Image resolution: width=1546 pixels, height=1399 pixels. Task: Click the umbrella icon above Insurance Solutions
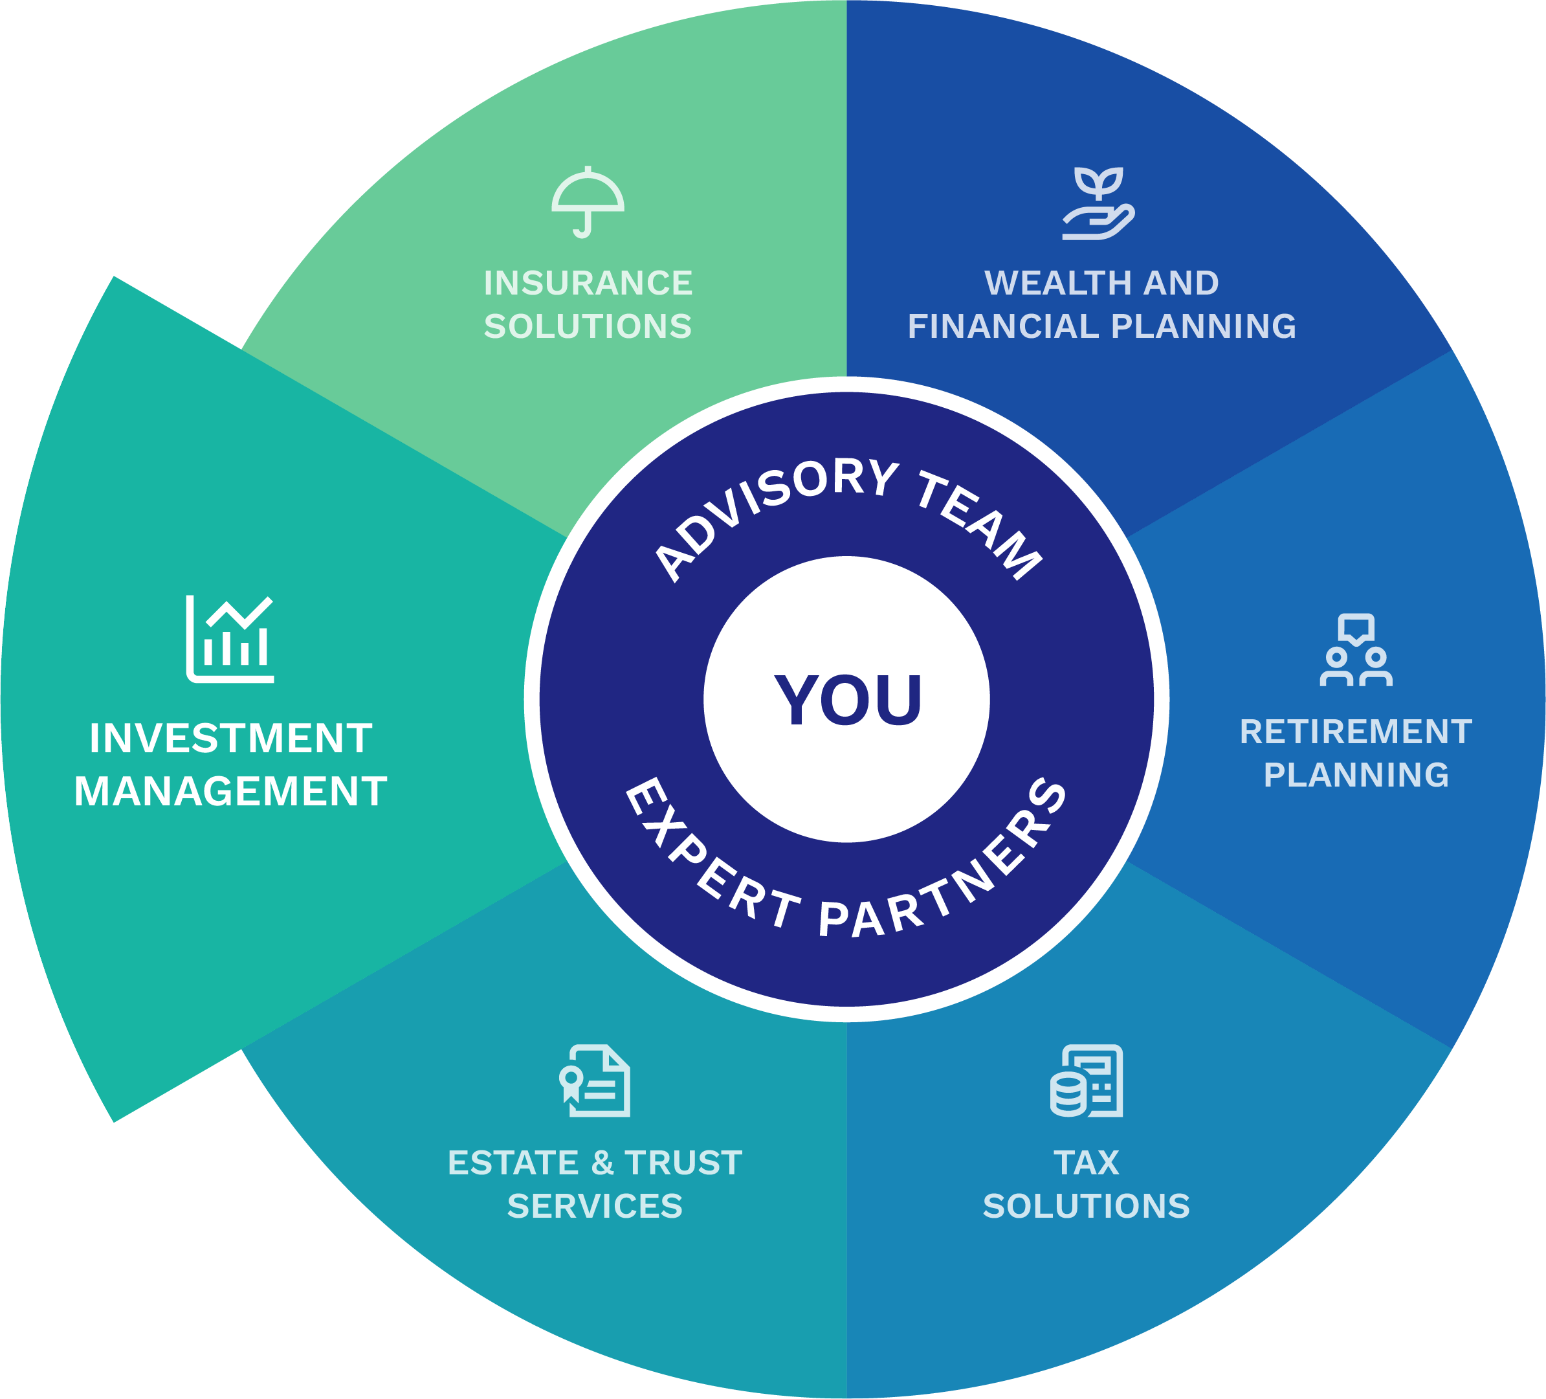(x=588, y=202)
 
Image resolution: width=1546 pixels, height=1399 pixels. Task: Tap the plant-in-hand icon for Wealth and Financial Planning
(x=1098, y=203)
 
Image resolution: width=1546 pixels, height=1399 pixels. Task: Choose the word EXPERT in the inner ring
(x=705, y=859)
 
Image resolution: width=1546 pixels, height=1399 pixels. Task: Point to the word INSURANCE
(x=588, y=283)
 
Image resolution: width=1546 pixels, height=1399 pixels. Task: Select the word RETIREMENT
(x=1356, y=732)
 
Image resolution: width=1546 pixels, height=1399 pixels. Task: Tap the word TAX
(x=1087, y=1163)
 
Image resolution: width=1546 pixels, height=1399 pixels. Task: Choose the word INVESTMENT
(x=231, y=739)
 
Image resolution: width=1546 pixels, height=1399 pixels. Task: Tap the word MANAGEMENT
(x=231, y=792)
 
